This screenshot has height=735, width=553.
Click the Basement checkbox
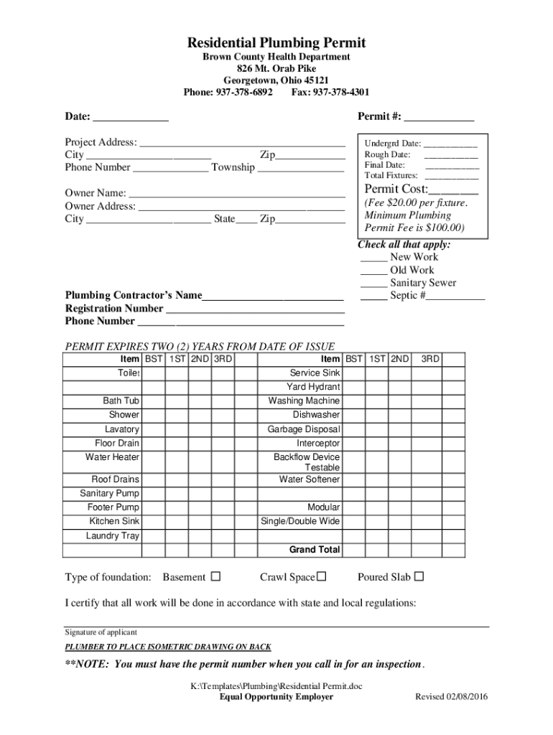click(215, 576)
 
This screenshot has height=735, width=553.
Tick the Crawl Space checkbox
click(322, 576)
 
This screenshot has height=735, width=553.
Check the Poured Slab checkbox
click(419, 576)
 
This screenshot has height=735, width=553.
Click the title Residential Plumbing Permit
click(276, 43)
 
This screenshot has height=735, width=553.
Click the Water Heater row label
click(112, 457)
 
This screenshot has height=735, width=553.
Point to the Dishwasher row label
click(316, 415)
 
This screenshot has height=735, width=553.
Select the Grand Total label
click(315, 550)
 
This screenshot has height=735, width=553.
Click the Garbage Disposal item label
click(304, 429)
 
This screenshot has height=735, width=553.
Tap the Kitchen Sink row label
click(114, 521)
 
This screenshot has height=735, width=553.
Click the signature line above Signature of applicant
click(276, 626)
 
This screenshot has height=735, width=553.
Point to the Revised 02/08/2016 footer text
click(452, 697)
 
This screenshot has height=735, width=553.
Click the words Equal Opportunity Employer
click(276, 697)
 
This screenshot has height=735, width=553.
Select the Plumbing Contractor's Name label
click(134, 295)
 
